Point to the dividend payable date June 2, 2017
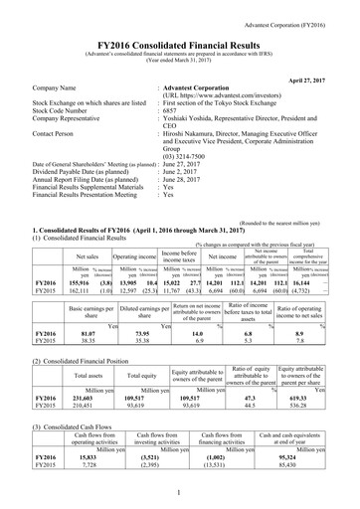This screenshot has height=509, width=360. click(188, 172)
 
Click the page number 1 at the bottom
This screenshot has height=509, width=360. click(180, 491)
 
